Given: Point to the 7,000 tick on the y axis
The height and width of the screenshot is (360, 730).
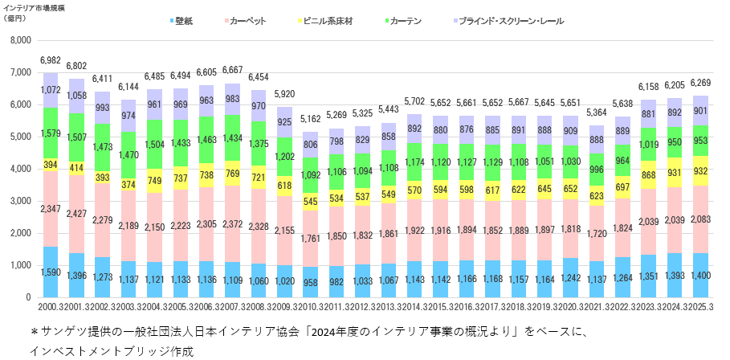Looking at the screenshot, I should (x=18, y=72).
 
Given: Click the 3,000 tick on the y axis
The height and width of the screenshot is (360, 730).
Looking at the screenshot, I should (x=18, y=201).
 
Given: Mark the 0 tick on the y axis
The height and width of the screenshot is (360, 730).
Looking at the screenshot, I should (x=27, y=297).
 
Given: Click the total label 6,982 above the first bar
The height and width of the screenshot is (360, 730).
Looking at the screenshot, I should (x=51, y=61).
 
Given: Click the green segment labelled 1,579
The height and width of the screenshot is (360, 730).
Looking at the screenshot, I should (x=51, y=132).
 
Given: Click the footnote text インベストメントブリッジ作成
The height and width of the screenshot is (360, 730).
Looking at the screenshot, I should (x=112, y=351).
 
